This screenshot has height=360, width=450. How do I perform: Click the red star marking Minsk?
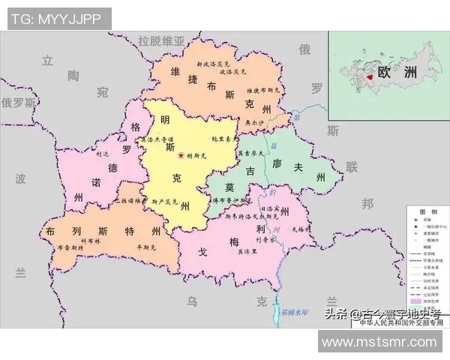coord(181,155)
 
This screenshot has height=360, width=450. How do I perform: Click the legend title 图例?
coord(427,211)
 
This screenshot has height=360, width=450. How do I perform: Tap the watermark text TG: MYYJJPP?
coord(59,19)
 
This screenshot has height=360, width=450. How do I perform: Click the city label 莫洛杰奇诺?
coord(158,140)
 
